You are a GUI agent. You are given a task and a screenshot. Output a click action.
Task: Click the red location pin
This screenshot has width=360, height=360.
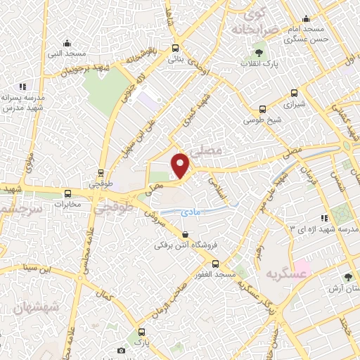click(181, 165)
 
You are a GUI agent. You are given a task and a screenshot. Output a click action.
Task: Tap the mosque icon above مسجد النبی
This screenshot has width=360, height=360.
click(66, 43)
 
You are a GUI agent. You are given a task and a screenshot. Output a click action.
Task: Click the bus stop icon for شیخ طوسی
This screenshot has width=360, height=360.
click(262, 109)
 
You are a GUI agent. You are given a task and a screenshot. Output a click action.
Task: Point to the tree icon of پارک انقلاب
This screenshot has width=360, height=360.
click(259, 52)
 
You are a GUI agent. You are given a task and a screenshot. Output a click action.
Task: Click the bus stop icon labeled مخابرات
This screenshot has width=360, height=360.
click(68, 193)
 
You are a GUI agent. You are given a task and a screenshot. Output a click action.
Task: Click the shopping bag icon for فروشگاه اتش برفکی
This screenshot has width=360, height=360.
click(185, 235)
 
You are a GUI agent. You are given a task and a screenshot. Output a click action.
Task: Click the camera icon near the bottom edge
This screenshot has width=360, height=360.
click(122, 350)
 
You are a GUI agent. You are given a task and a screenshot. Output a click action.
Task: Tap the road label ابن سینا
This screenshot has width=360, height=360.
click(37, 267)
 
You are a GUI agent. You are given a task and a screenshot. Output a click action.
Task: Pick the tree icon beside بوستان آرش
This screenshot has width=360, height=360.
click(349, 277)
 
